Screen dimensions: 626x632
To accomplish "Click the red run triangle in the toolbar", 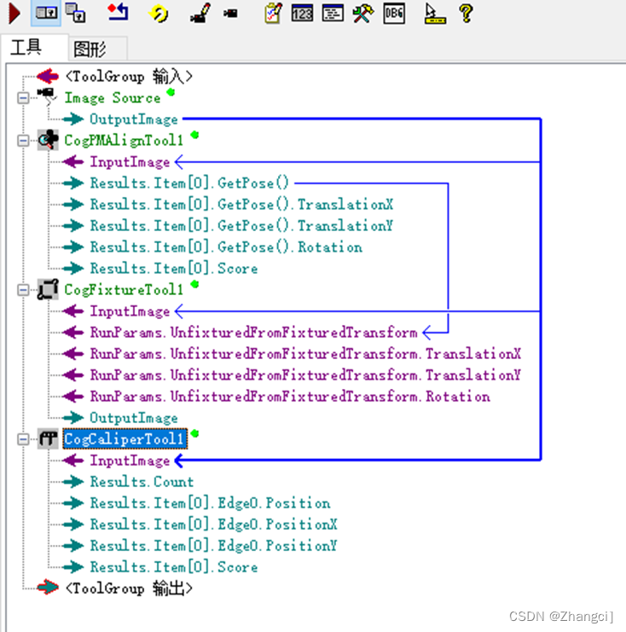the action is point(14,14).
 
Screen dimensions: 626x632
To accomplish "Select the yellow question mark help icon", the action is point(465,14).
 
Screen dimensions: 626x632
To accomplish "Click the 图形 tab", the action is point(89,49).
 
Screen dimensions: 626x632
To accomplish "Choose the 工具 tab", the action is point(26,48).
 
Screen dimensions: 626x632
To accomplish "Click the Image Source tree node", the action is point(112,98).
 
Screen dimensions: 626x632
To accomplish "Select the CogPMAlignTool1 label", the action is point(124,141).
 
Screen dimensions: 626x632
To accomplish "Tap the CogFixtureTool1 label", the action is point(124,290).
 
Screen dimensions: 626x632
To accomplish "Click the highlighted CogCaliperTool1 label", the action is point(124,439).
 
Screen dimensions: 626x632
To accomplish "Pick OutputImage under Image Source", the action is point(134,119).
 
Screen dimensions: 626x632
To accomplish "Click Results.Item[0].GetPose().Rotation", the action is point(226,247).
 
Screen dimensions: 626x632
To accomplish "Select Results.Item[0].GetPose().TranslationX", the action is point(241,205).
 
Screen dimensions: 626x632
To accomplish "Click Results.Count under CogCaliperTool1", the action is point(142,482).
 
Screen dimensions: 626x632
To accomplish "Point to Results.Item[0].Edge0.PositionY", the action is point(213,546).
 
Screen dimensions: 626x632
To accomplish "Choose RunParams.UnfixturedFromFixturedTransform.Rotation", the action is point(290,397).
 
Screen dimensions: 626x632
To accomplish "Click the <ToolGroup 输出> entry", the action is point(129,589).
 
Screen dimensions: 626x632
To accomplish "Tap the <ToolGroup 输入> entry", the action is point(129,77).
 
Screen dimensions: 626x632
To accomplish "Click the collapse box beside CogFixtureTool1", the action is point(22,290).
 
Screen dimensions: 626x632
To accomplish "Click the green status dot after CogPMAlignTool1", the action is point(195,135).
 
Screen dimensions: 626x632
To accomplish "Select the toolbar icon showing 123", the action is point(302,14).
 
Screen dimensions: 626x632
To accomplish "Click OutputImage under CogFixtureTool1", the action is point(134,418).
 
